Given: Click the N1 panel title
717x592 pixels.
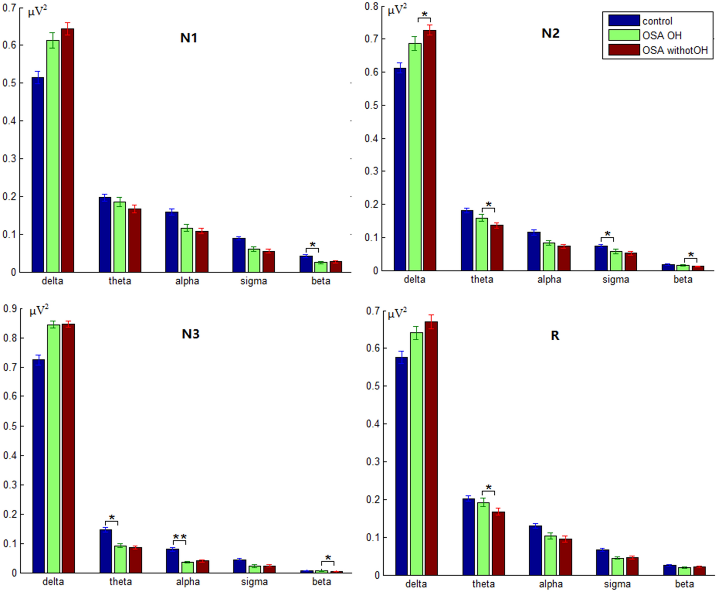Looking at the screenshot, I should coord(188,38).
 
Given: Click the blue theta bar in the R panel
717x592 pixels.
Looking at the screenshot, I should coord(468,537).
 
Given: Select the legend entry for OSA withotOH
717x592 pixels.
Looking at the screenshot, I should coord(674,50).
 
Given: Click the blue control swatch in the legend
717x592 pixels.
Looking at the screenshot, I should coord(624,21).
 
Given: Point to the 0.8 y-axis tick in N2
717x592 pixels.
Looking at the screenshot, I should coord(372,6).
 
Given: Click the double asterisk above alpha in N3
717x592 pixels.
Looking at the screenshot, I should coord(180,537).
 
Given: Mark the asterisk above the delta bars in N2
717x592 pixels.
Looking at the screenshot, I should coord(424,15).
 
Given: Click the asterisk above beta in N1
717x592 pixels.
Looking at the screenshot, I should coord(313,245).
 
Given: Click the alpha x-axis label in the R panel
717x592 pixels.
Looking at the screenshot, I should coord(551,584).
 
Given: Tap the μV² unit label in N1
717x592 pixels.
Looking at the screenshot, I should coord(38,11).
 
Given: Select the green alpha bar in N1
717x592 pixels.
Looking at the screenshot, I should coord(186,250).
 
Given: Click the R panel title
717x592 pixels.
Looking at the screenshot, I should coord(555,335).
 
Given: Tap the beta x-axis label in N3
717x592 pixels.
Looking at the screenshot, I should coord(322,582).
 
